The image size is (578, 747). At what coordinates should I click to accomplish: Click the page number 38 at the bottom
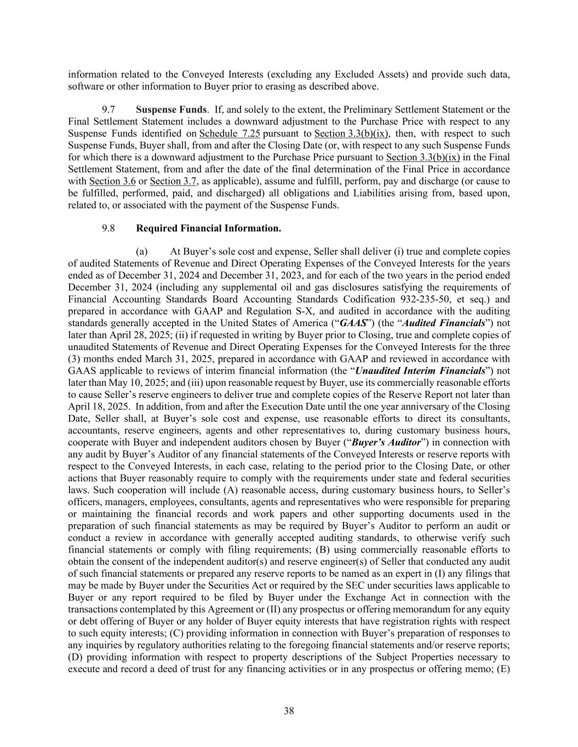[x=289, y=711]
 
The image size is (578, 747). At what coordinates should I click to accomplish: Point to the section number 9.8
[x=108, y=228]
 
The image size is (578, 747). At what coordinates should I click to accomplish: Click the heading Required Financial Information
[x=209, y=228]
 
